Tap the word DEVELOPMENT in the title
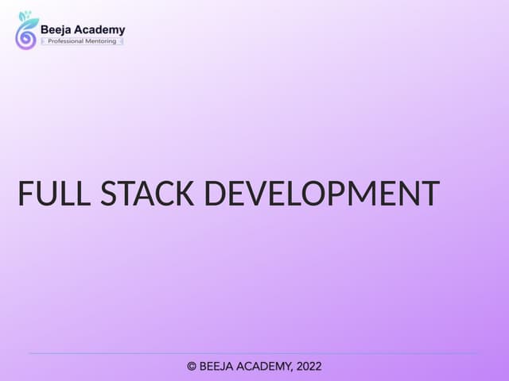click(323, 194)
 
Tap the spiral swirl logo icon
click(25, 37)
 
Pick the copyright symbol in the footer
click(192, 367)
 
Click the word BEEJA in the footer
click(217, 367)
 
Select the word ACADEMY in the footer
click(266, 367)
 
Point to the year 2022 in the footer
click(309, 367)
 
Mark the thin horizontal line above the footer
click(254, 353)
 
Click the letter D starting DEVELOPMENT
click(217, 194)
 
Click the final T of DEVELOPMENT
click(430, 194)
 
